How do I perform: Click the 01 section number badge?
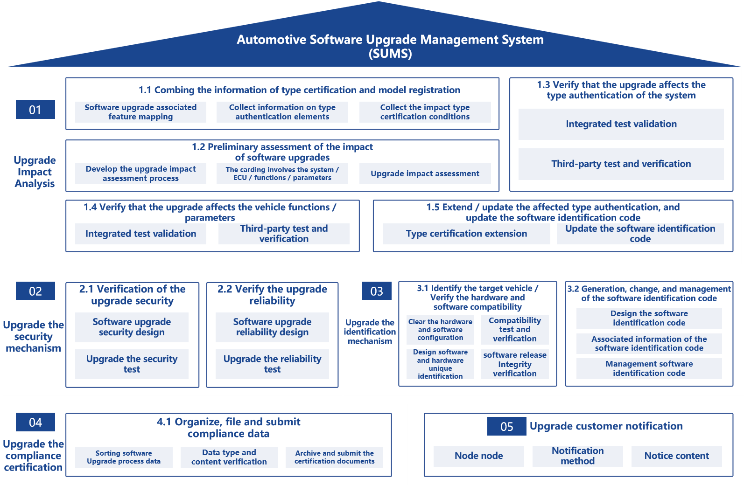pyautogui.click(x=35, y=110)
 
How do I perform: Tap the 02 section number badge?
pyautogui.click(x=35, y=291)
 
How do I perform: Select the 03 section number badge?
pyautogui.click(x=377, y=291)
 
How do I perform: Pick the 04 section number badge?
pyautogui.click(x=35, y=422)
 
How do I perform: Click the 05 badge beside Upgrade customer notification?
pyautogui.click(x=506, y=426)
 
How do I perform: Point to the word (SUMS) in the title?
pyautogui.click(x=390, y=54)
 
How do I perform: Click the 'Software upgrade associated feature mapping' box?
pyautogui.click(x=140, y=112)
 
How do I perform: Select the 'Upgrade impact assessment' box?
pyautogui.click(x=425, y=173)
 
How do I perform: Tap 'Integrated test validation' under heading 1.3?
pyautogui.click(x=621, y=124)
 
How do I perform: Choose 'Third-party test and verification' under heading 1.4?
pyautogui.click(x=284, y=234)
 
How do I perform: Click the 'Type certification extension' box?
pyautogui.click(x=466, y=234)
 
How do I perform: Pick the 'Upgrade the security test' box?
pyautogui.click(x=132, y=364)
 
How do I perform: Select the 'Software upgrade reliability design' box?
pyautogui.click(x=272, y=327)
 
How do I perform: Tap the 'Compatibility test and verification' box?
pyautogui.click(x=515, y=329)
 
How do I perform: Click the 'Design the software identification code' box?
pyautogui.click(x=649, y=318)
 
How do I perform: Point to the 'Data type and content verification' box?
pyautogui.click(x=229, y=457)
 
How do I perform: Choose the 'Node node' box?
pyautogui.click(x=478, y=456)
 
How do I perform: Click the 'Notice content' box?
pyautogui.click(x=676, y=456)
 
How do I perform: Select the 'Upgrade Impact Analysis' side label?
pyautogui.click(x=35, y=172)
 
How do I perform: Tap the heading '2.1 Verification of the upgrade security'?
pyautogui.click(x=132, y=295)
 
